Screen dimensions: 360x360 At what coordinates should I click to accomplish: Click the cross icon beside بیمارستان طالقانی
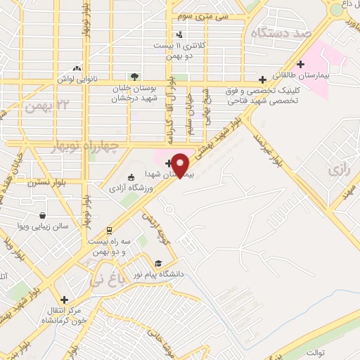(300, 64)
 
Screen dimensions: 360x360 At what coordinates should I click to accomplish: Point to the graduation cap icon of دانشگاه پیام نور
(157, 264)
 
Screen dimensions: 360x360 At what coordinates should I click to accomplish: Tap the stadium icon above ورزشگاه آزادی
(130, 178)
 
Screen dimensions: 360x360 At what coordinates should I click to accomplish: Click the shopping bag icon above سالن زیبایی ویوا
(44, 216)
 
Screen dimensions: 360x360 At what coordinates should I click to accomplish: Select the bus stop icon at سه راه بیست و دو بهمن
(109, 230)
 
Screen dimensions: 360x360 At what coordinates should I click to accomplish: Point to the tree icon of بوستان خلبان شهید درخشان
(134, 77)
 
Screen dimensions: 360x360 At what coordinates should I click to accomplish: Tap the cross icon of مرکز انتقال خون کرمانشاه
(64, 300)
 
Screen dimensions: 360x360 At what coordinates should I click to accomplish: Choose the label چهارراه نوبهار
(53, 144)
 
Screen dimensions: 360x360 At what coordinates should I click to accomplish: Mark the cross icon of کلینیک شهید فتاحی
(262, 80)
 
